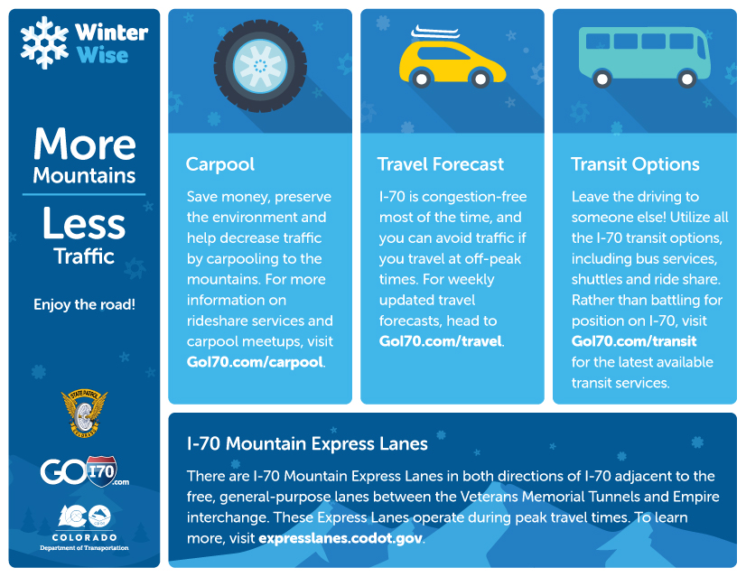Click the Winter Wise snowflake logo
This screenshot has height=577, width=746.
(44, 42)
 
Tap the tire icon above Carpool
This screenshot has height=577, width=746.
(260, 66)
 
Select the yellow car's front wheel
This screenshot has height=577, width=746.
(480, 79)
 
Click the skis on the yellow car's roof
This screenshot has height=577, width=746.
(435, 33)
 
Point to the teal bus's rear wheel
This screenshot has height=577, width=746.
(601, 79)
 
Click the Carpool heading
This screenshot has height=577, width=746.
(220, 164)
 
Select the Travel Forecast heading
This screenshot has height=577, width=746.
(441, 164)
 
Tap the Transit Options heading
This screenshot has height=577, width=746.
(635, 164)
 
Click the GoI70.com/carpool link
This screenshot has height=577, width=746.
(255, 362)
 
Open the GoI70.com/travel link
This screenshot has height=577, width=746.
(441, 341)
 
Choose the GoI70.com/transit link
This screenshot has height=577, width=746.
(634, 341)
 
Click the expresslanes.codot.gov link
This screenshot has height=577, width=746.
(340, 538)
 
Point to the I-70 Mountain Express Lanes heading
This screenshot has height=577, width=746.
(307, 443)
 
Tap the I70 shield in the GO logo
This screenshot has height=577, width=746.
(101, 471)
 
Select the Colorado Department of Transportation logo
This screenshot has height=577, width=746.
(84, 527)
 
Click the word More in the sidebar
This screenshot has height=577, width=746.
(84, 144)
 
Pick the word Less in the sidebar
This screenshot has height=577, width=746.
(84, 223)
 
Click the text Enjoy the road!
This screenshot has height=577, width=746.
(84, 304)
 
